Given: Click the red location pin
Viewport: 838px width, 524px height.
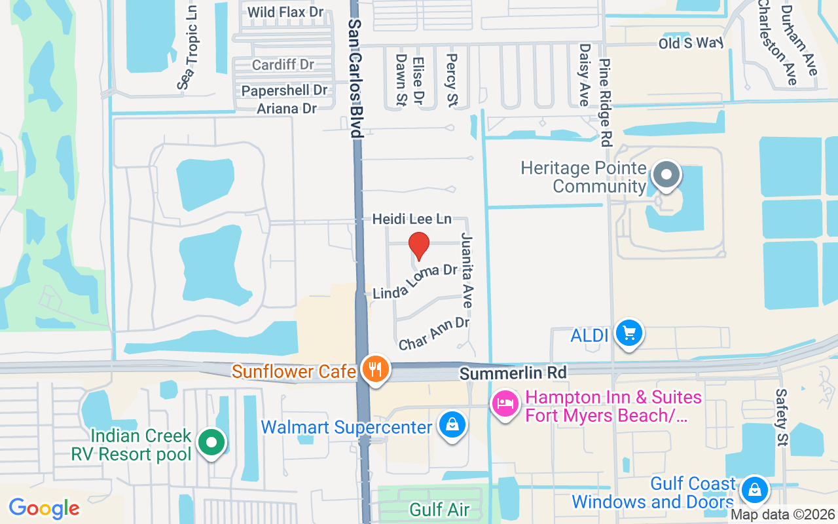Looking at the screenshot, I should coord(419,246).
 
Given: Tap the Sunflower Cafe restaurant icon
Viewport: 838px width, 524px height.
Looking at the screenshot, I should coord(375,370).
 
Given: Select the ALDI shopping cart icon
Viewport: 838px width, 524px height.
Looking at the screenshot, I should coord(629,334).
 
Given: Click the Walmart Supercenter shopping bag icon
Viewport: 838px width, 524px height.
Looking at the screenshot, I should coord(452,425).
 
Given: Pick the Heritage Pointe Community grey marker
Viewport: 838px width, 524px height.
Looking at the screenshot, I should coord(666,176).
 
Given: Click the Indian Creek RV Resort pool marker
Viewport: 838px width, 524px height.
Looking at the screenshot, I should coord(211,443).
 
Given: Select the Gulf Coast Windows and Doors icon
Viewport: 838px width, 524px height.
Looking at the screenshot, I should coord(754,489).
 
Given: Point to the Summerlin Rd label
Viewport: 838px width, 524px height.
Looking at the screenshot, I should coord(513,373).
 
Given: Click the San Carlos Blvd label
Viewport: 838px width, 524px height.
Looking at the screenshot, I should coord(355,77).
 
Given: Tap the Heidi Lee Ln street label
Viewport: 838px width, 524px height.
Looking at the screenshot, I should coord(412,219).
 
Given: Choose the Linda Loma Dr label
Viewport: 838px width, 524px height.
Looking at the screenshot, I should coord(415,282).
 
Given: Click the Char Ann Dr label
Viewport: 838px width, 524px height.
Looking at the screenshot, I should coord(434,333).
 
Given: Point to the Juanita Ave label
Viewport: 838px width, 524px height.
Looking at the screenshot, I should coord(467,270).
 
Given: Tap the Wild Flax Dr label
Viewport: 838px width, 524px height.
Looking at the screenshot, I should coord(285,12).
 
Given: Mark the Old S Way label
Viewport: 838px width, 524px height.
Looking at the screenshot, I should coord(691,43).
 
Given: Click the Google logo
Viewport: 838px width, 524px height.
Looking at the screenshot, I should coord(44,508).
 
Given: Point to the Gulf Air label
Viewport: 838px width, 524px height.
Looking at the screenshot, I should coord(439,510).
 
